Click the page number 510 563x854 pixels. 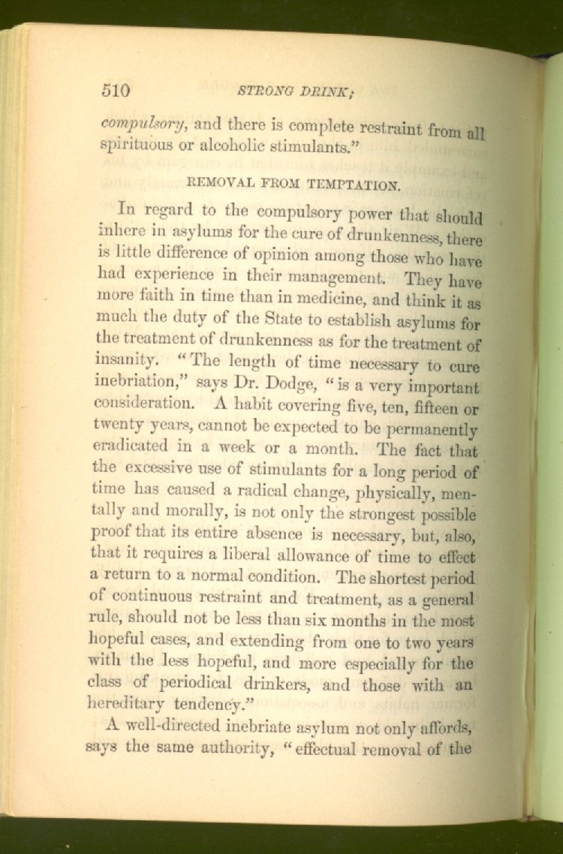[116, 91]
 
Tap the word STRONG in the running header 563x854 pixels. [262, 92]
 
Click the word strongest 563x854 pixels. [399, 516]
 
